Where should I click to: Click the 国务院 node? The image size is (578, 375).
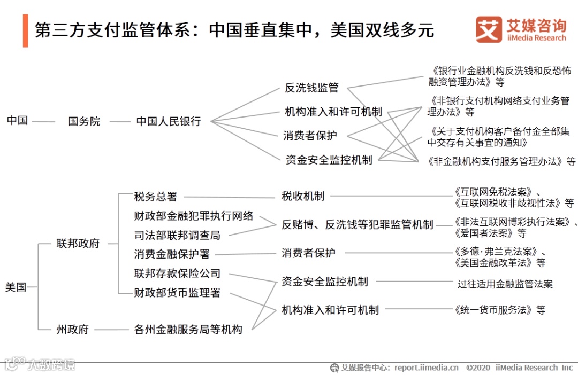coord(84,121)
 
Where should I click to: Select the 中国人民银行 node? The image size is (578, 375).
coord(169,121)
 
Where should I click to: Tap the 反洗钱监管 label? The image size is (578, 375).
coord(311,88)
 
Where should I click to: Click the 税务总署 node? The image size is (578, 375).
coord(155,197)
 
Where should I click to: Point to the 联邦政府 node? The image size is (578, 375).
coord(78,244)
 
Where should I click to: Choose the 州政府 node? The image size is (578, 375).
coord(73,329)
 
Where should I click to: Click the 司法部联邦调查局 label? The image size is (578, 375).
coord(177,235)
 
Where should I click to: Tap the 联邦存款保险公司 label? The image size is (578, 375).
coord(177,274)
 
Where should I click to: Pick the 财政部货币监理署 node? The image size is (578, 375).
coord(177,293)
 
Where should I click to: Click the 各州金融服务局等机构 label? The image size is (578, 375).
coord(188,329)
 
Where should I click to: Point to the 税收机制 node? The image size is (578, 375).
coord(303,196)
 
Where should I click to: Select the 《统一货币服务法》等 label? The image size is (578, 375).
coord(499,309)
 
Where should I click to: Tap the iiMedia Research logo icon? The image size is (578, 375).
coord(489,29)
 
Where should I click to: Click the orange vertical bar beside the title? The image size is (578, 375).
coord(25,30)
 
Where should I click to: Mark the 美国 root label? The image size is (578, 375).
coord(16,287)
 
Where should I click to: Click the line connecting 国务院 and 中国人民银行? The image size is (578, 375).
coord(120,121)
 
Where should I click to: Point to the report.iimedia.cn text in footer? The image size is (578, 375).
coord(427,368)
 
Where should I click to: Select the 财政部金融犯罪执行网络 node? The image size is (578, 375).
coord(194,216)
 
